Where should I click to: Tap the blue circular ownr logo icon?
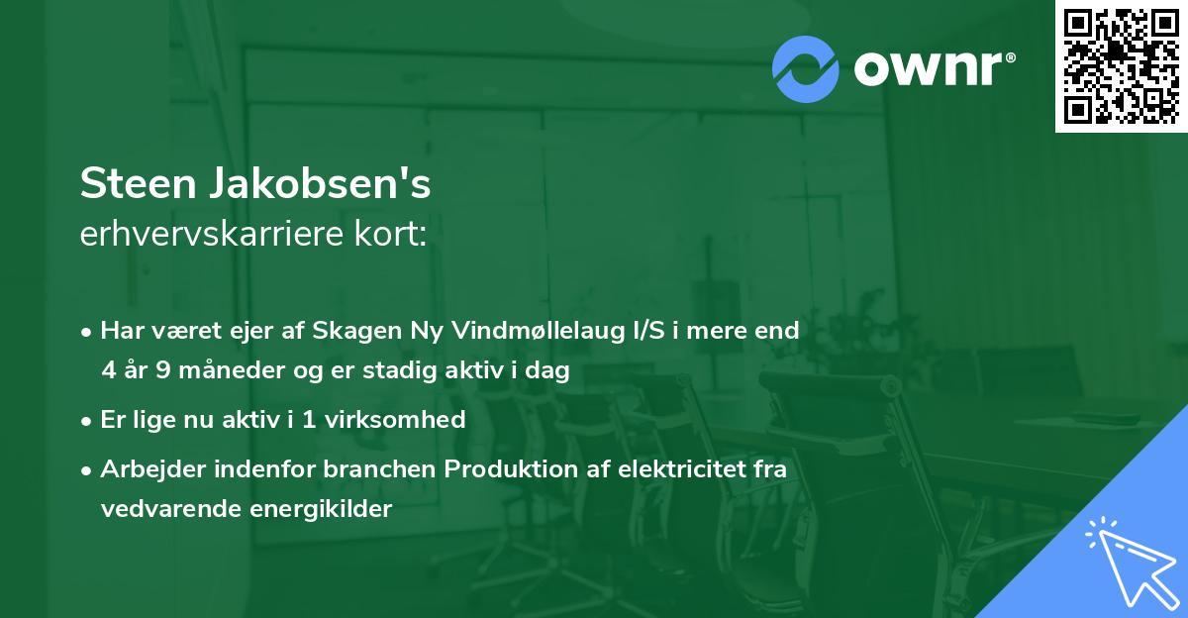tap(806, 68)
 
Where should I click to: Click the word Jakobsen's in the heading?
tap(318, 183)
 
